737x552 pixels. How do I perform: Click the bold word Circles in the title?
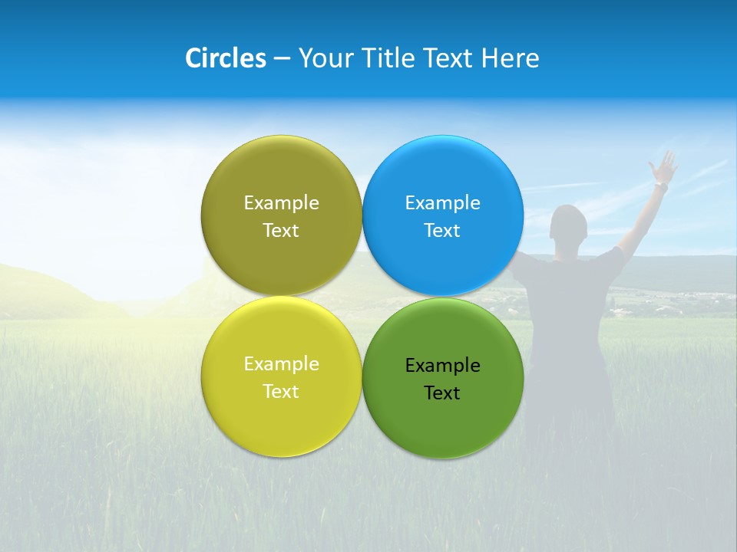(225, 58)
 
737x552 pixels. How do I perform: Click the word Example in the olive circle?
(281, 202)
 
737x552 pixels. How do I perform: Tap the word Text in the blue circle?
(442, 230)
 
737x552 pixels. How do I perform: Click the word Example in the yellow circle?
(281, 363)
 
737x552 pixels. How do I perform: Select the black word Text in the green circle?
(442, 393)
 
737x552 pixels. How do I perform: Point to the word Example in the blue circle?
(442, 202)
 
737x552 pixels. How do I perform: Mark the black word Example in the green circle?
(442, 365)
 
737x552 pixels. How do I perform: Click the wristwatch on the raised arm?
(660, 186)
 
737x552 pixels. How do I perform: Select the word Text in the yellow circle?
(281, 391)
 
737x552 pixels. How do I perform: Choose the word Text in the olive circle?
(281, 230)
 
